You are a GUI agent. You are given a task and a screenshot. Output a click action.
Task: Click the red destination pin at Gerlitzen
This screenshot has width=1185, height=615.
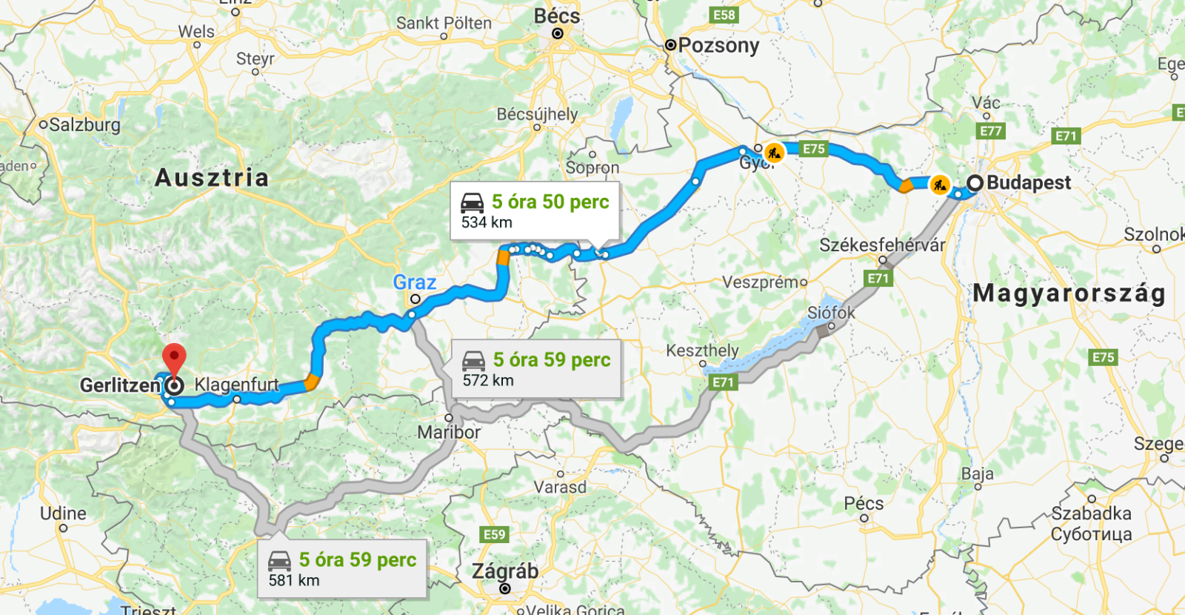point(174,358)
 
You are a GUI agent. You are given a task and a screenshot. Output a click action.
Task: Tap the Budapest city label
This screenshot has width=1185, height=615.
point(1028,182)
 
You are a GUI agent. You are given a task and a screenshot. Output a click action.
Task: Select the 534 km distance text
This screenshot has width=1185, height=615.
point(487,222)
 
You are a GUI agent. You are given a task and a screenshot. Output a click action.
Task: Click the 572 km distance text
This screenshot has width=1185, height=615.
point(488,380)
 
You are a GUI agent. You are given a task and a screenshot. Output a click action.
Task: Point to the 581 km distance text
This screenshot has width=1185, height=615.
point(294,580)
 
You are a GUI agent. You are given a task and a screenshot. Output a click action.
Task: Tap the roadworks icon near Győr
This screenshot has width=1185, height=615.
point(774,153)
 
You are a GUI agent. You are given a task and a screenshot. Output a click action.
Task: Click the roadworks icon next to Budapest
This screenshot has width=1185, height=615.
point(939,184)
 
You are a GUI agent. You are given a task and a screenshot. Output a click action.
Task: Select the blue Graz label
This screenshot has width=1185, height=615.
point(414,282)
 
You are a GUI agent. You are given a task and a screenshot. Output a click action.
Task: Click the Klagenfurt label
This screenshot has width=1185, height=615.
point(236,385)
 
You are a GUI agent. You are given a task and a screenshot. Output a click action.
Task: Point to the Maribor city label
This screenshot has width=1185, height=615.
point(449,432)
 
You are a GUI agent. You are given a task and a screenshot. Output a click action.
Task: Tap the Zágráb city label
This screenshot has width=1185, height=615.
point(505,571)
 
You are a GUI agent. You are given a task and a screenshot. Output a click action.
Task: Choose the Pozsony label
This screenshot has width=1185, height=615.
point(718,45)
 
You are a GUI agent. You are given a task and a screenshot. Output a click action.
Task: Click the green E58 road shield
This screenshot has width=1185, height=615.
point(724,15)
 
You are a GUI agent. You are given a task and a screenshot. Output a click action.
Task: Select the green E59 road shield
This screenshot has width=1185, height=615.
point(494,534)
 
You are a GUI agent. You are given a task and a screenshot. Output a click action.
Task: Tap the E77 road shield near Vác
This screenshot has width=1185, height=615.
point(990,131)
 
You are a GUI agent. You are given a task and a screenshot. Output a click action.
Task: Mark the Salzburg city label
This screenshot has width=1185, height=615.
point(84,124)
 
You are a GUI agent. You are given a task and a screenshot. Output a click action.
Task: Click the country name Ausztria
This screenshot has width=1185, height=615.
point(212,178)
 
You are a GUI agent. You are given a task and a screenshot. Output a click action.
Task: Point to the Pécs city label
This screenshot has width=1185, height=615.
point(864,504)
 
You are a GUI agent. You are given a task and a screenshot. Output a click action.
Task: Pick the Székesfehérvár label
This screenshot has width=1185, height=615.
point(881,245)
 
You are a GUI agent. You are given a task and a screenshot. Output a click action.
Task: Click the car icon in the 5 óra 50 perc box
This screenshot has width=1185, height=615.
point(472,203)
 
